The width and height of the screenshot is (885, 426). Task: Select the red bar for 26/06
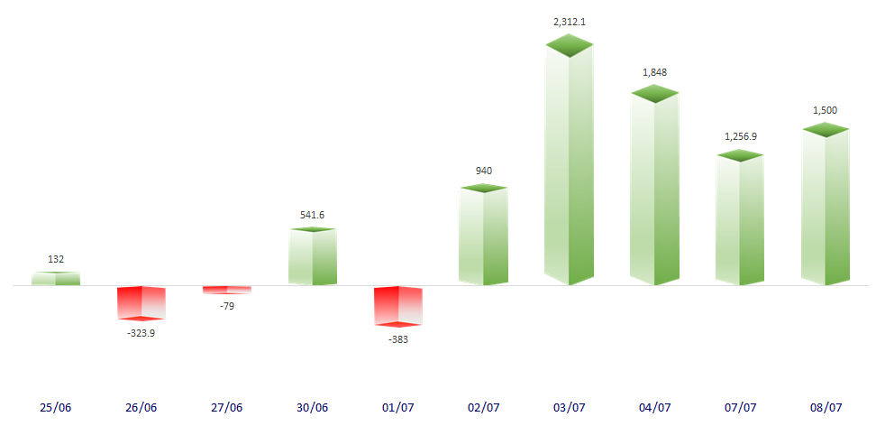(x=141, y=302)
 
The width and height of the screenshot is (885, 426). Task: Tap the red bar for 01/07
(x=398, y=305)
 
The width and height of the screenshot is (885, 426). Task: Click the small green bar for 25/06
(x=56, y=279)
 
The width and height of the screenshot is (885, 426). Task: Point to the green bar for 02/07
(x=483, y=236)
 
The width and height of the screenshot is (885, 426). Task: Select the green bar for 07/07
(x=739, y=219)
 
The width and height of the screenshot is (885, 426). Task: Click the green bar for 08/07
(x=825, y=207)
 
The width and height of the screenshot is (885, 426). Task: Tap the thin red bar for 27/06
(x=226, y=290)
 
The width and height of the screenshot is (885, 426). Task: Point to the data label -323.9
(x=141, y=333)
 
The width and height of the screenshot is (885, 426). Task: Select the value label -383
(x=397, y=339)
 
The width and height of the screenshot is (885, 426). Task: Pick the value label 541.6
(x=312, y=215)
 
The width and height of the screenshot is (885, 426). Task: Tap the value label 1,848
(x=654, y=72)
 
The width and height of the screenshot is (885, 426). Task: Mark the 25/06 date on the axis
(x=56, y=408)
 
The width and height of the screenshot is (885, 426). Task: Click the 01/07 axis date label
(x=397, y=408)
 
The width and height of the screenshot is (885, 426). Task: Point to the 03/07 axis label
(x=569, y=408)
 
